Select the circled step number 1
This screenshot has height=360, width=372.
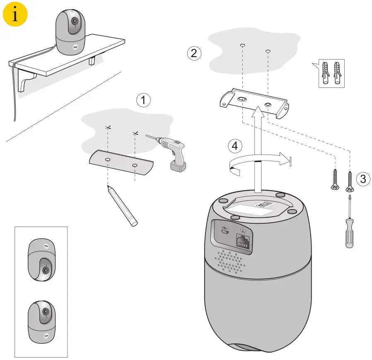coord(143,100)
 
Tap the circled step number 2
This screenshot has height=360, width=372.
coord(194,53)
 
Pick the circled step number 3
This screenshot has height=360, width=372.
coord(363,179)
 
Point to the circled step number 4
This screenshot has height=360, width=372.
coord(235,146)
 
